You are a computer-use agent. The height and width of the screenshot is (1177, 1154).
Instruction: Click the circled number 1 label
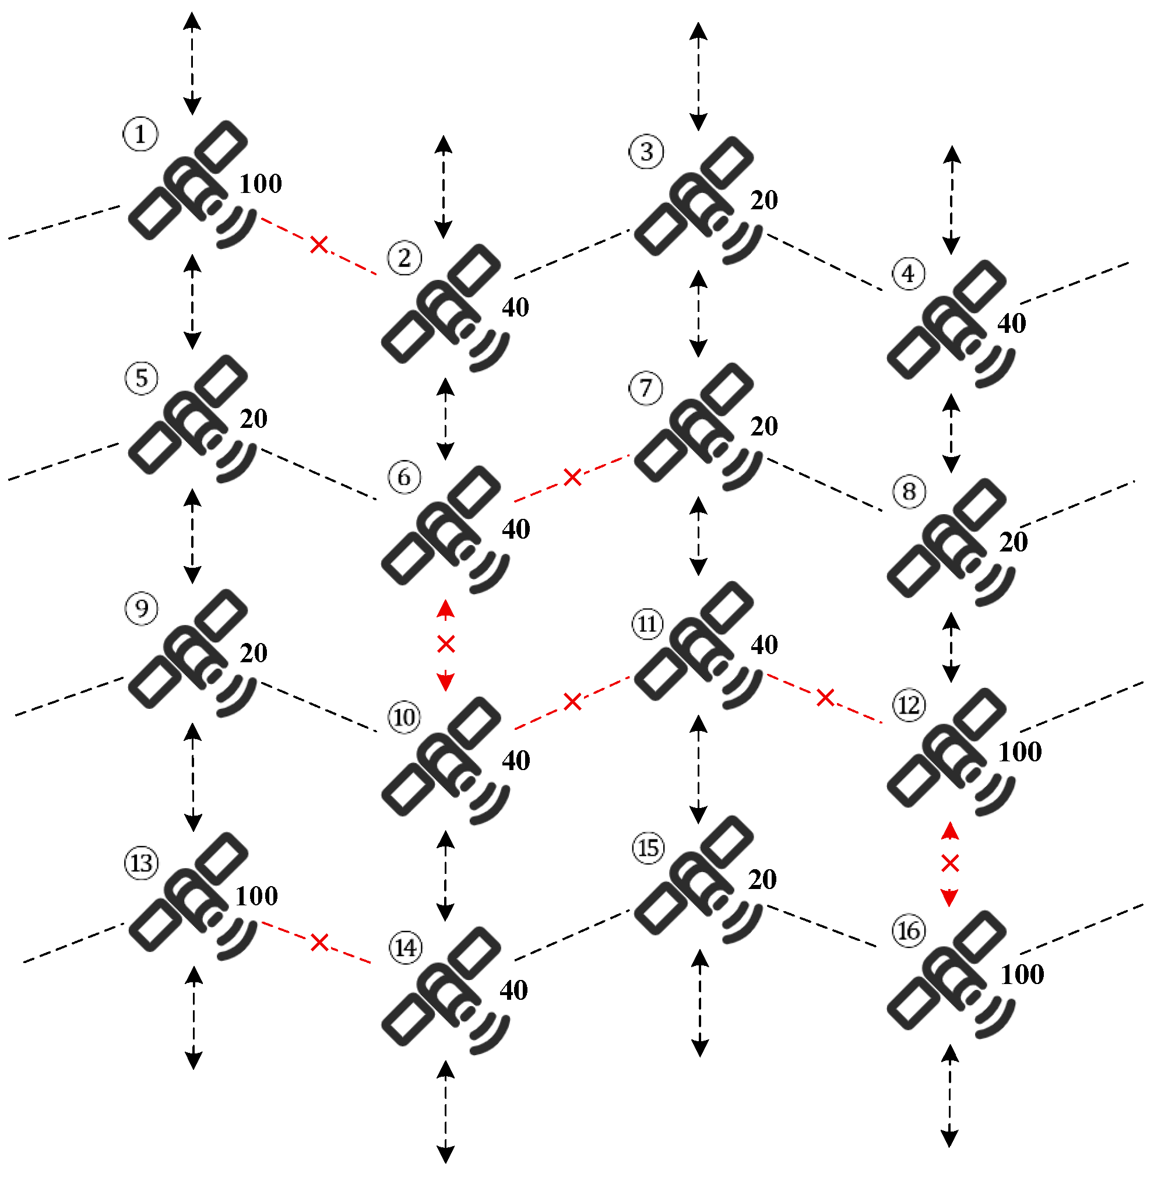[x=140, y=134]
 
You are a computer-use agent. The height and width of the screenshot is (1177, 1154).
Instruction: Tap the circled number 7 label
[x=646, y=388]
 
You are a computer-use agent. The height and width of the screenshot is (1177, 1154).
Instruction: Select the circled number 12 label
[x=909, y=705]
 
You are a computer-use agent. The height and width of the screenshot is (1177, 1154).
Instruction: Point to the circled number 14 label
[x=406, y=948]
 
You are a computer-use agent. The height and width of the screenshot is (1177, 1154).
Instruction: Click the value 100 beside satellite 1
[x=261, y=184]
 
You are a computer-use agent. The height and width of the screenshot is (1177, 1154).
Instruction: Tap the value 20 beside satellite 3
[x=764, y=200]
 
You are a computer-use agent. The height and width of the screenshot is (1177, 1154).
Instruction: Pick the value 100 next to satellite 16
[x=1022, y=975]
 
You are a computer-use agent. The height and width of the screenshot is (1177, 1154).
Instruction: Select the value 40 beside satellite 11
[x=764, y=645]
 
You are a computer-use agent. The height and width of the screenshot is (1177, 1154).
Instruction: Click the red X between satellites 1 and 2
[x=319, y=245]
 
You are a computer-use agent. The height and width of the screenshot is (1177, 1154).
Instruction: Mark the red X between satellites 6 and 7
[x=572, y=477]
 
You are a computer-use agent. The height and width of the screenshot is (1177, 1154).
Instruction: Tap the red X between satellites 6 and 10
[x=445, y=644]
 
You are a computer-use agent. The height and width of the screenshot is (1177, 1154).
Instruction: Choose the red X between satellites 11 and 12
[x=825, y=698]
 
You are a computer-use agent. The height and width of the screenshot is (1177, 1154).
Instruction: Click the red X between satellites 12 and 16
[x=950, y=864]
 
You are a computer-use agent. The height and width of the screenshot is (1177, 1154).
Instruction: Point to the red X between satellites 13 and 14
[x=319, y=943]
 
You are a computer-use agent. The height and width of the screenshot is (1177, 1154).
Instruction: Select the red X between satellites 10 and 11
[x=572, y=702]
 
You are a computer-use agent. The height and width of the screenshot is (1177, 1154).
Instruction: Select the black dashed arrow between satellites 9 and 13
[x=193, y=777]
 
